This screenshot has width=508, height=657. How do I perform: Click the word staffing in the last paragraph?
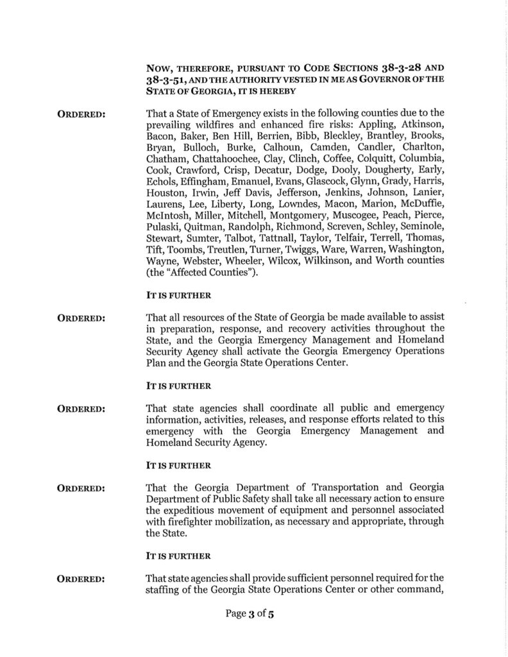point(165,590)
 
